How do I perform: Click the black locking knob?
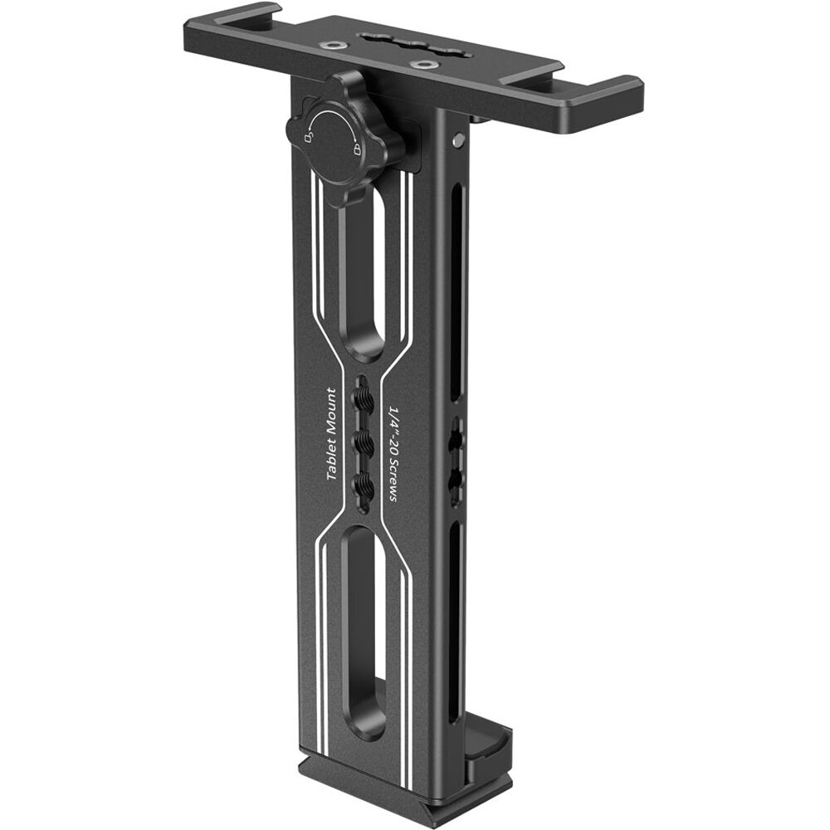[x=342, y=141]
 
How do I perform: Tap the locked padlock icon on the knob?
[x=357, y=150]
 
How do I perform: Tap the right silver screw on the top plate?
[x=425, y=64]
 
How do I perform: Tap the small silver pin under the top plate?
[x=458, y=142]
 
